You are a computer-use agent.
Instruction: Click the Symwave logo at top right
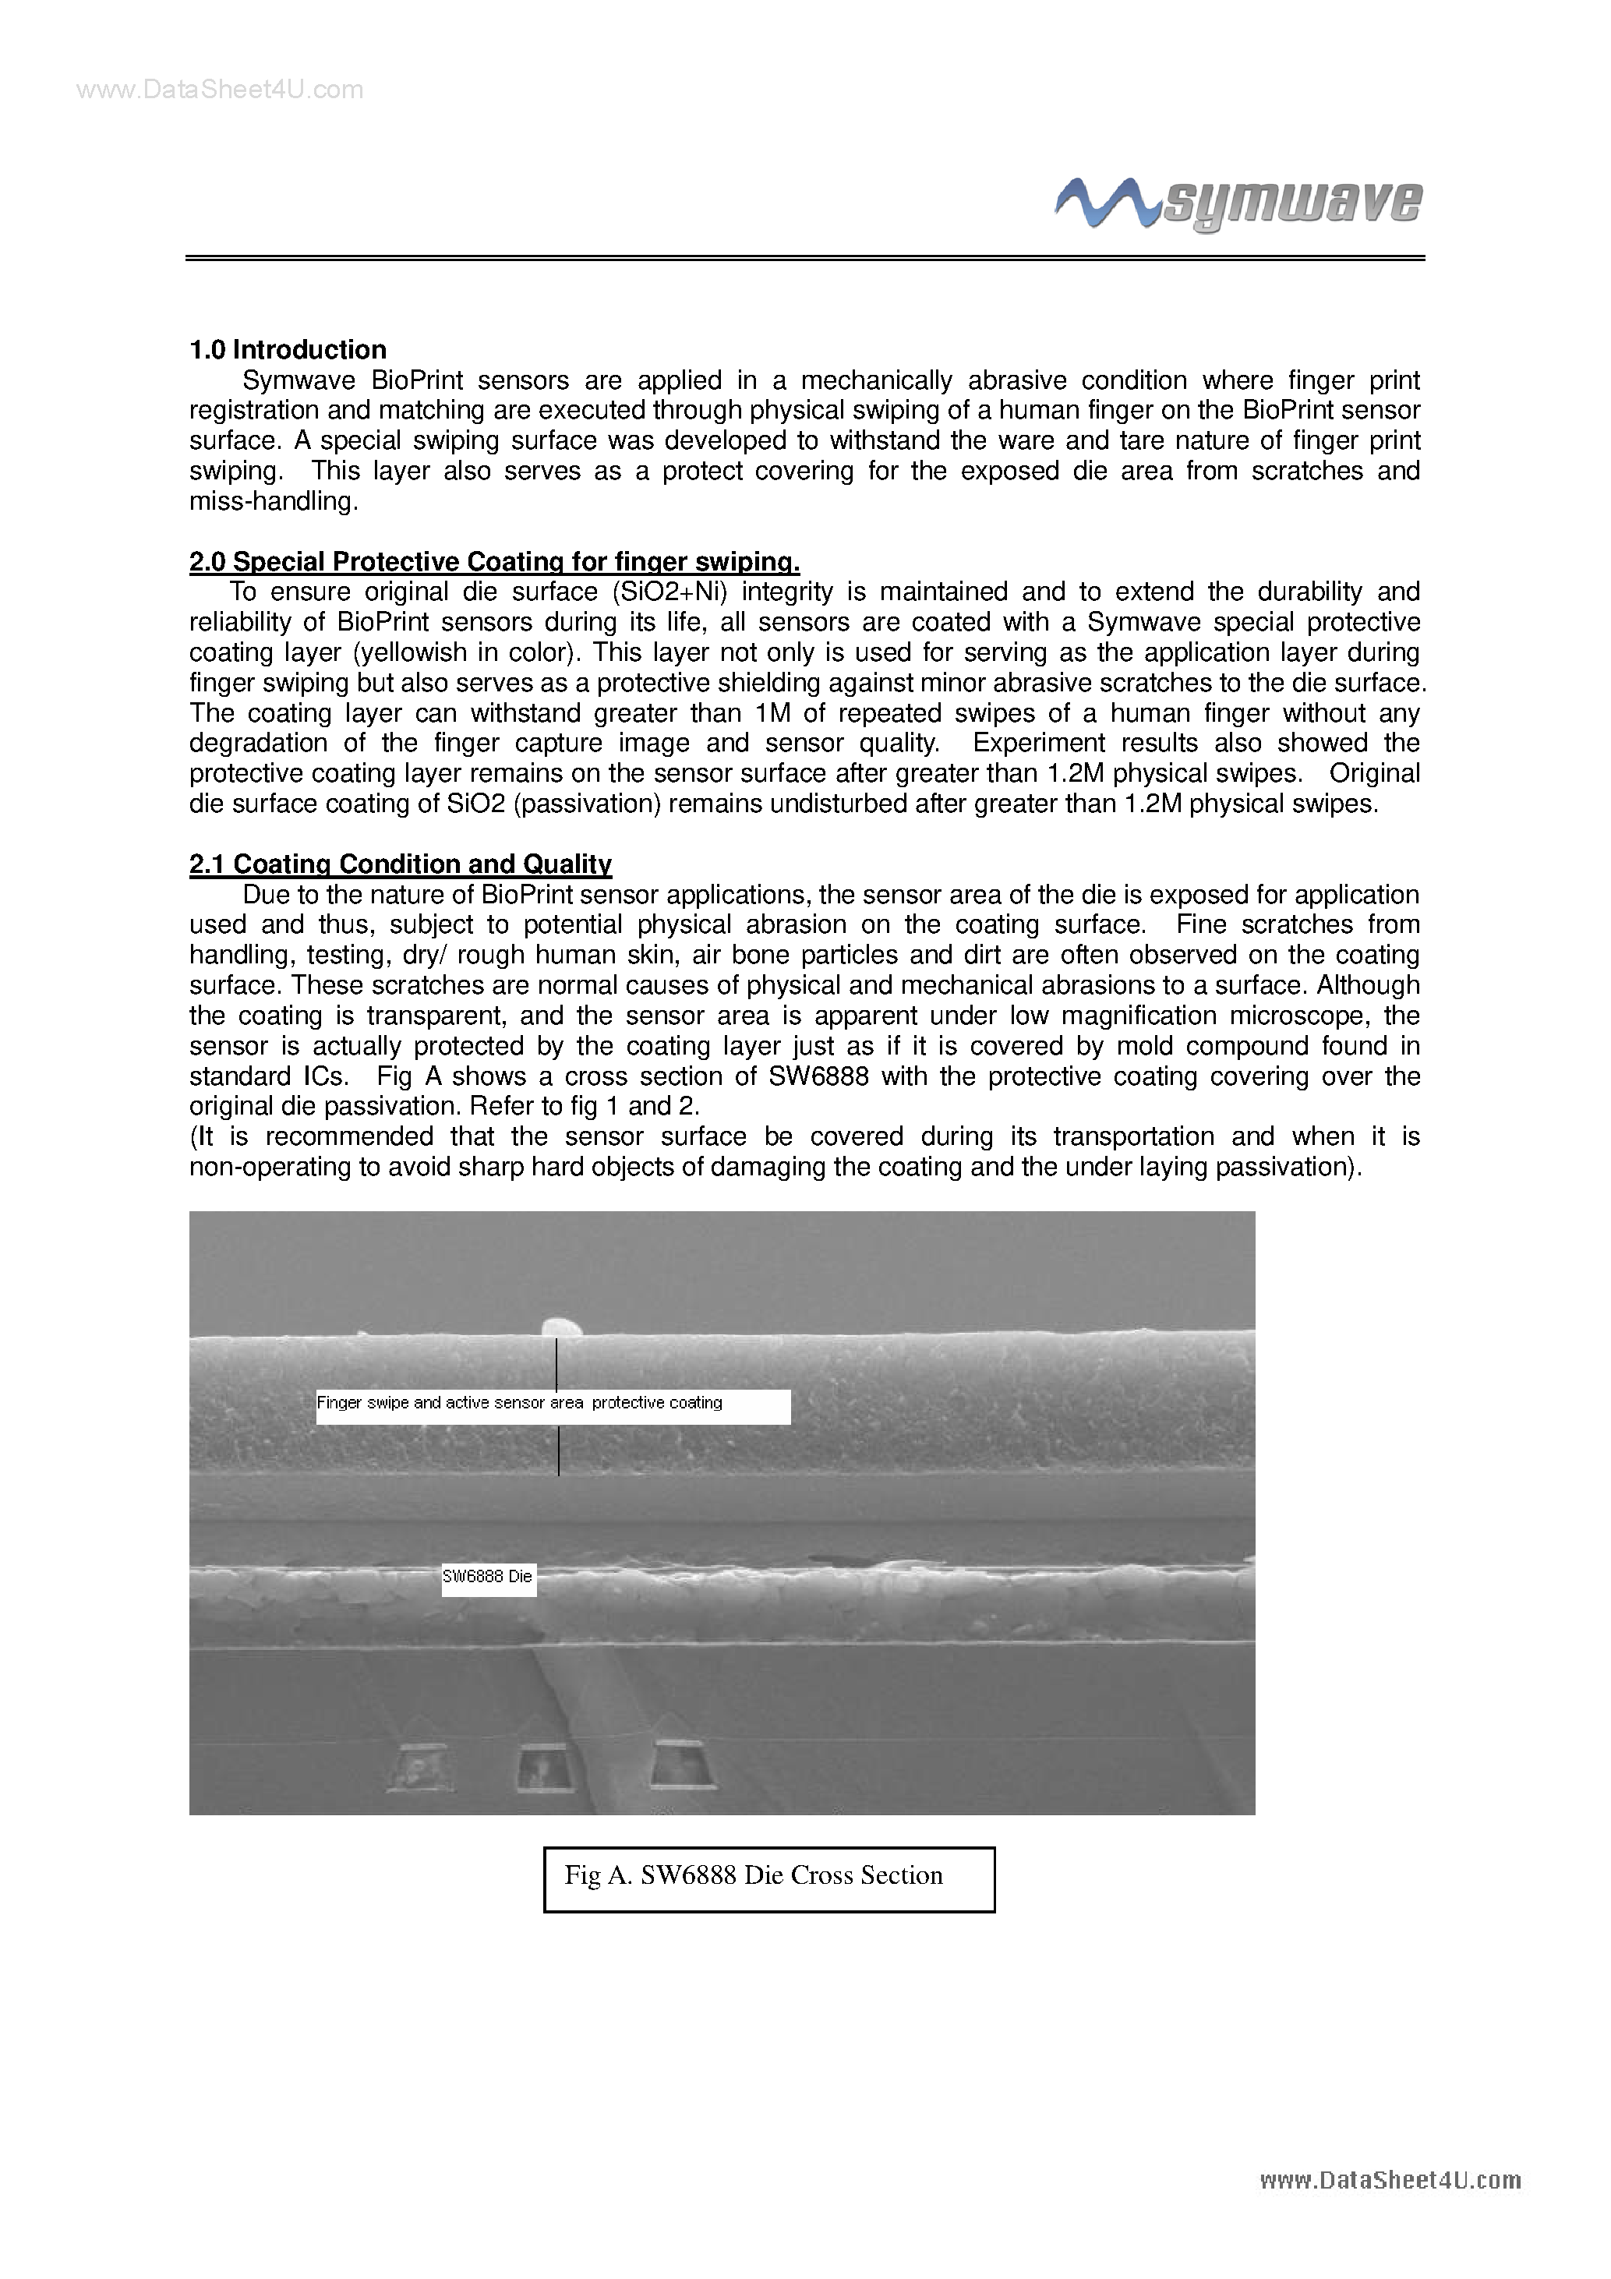[1238, 203]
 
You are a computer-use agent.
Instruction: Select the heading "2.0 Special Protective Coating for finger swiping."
[494, 562]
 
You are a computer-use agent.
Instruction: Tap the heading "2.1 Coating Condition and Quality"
[400, 864]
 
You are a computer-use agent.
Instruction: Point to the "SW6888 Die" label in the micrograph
[489, 1576]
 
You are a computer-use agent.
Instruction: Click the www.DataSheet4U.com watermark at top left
[221, 90]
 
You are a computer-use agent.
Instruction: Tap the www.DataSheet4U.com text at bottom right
[1390, 2180]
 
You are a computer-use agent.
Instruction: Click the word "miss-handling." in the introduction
[273, 502]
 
